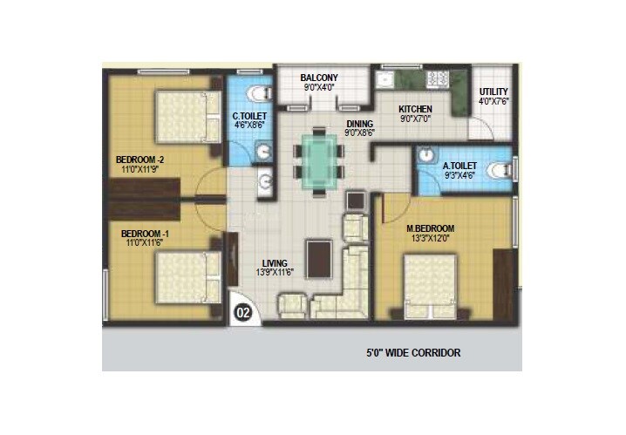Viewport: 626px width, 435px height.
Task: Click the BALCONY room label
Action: pos(318,76)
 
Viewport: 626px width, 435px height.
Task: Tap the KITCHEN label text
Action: pos(415,109)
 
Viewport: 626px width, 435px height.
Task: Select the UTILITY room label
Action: pos(493,92)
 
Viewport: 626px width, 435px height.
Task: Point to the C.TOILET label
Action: pos(248,115)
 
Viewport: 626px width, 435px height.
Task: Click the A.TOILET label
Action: pos(459,165)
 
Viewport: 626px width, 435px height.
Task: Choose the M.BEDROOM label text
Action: pos(430,229)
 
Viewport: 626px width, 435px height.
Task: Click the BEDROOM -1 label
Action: pos(145,234)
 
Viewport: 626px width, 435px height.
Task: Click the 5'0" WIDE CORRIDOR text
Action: pos(412,353)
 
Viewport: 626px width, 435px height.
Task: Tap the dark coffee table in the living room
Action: pos(318,258)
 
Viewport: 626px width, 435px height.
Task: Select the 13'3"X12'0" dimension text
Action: pos(430,240)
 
